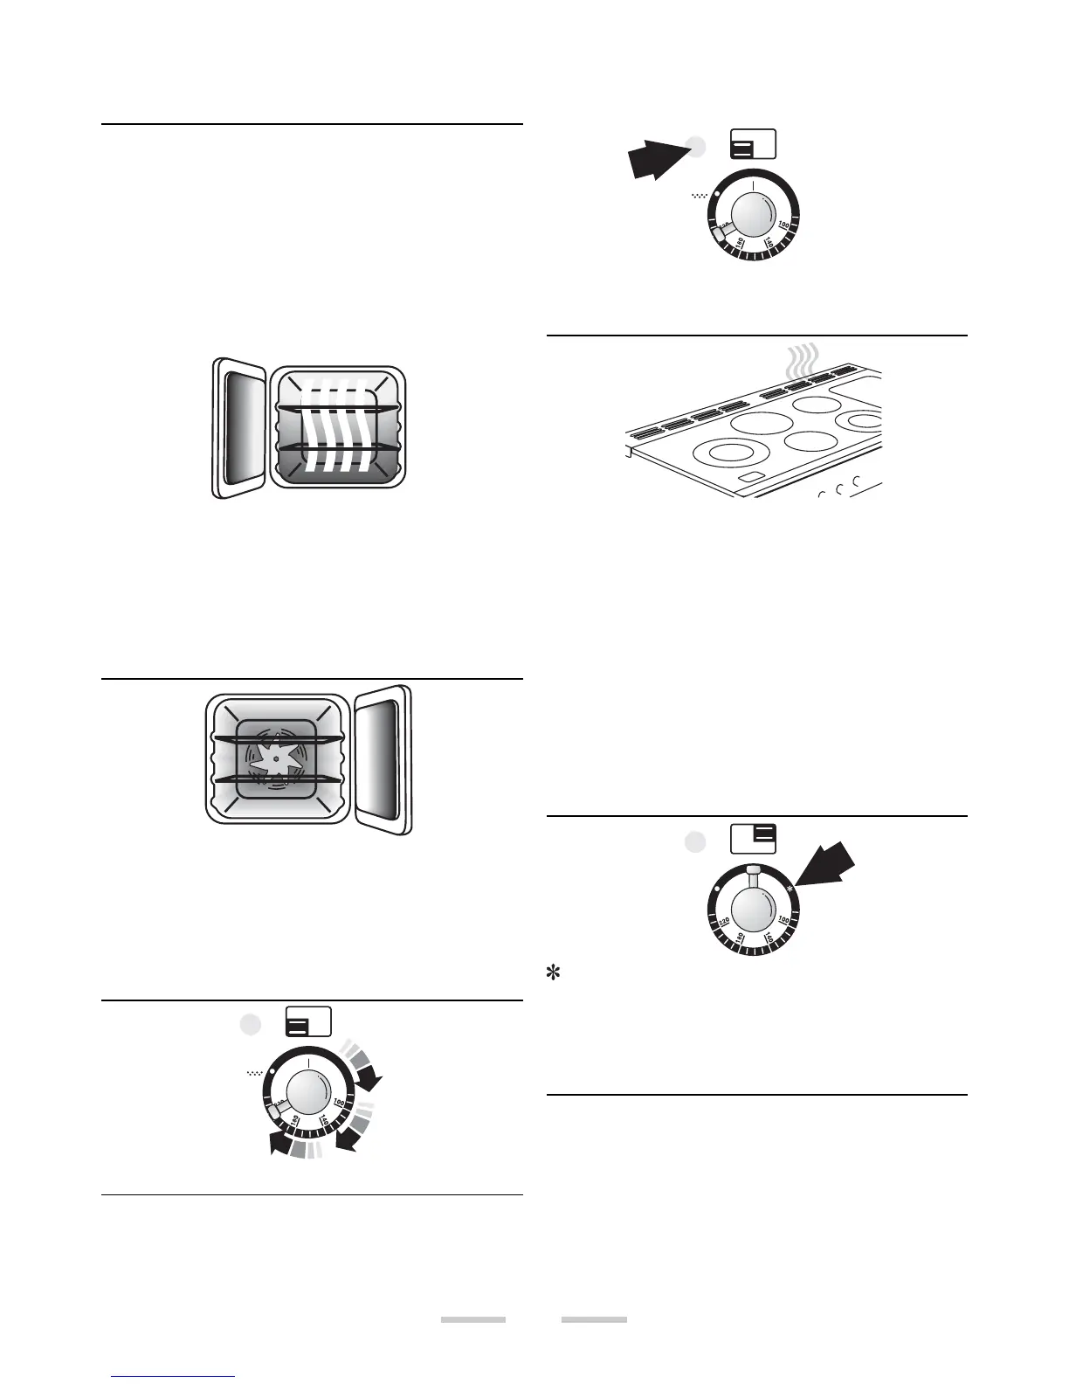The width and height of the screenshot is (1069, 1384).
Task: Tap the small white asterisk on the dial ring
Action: point(790,889)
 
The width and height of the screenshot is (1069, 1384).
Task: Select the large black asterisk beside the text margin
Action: point(552,972)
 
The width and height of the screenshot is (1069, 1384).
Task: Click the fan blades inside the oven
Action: point(275,758)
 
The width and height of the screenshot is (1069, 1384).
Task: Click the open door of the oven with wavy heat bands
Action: point(239,427)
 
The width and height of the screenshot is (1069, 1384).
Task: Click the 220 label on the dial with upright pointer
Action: point(723,923)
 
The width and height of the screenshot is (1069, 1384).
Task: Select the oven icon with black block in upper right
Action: point(753,837)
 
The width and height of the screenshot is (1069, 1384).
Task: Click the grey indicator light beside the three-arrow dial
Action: point(251,1024)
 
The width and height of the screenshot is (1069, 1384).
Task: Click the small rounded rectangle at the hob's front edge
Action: point(750,480)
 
